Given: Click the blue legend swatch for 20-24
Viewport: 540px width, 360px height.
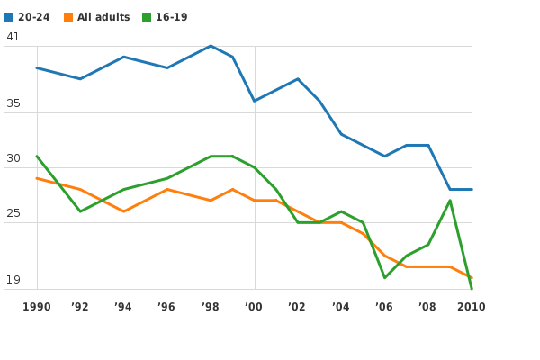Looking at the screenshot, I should coord(9,17).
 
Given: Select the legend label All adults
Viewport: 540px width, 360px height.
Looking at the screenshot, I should coord(103,17).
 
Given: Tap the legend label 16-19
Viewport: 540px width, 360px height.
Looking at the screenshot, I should coord(171,17).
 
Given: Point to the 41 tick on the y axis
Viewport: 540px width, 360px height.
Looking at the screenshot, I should coord(13,37).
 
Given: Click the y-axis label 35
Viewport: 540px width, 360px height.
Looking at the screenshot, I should coord(13,103).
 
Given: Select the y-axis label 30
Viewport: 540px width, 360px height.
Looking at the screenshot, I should coord(13,158).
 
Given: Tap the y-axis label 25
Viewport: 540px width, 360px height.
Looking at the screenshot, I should coord(13,213).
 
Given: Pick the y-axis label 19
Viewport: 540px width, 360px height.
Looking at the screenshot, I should coord(13,280).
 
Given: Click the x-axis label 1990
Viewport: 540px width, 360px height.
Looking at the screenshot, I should coord(37,307).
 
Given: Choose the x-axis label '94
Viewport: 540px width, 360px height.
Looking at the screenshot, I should coord(123,307).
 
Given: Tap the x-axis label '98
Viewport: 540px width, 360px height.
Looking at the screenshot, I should coord(211,307).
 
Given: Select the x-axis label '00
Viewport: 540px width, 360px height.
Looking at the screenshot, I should coord(254,307).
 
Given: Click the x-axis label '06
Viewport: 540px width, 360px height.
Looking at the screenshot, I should coord(384,307).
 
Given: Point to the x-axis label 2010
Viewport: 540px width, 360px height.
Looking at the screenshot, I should coord(471,307).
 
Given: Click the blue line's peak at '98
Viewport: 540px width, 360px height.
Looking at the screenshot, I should coord(211,46).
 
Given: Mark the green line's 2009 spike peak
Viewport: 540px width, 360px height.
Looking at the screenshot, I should coord(450,200).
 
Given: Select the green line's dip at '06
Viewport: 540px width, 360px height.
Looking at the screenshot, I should coord(384,277).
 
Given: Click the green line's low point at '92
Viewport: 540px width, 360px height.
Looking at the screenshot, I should coord(80,211).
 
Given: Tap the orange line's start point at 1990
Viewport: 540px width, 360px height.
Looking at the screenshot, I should coord(37,178).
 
